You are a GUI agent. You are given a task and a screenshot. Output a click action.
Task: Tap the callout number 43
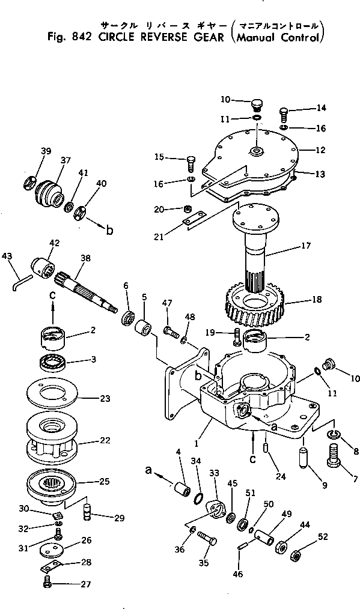tap(7, 256)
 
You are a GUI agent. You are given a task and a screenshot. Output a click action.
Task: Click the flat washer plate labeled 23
tap(52, 396)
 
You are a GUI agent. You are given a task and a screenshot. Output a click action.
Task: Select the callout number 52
tap(323, 537)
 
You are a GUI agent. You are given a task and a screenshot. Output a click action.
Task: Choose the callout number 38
tap(85, 258)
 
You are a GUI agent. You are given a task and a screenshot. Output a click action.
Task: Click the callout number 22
tap(105, 440)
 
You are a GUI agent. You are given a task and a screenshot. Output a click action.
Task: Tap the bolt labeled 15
tap(191, 163)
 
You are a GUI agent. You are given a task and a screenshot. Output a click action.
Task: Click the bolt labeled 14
tap(284, 115)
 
